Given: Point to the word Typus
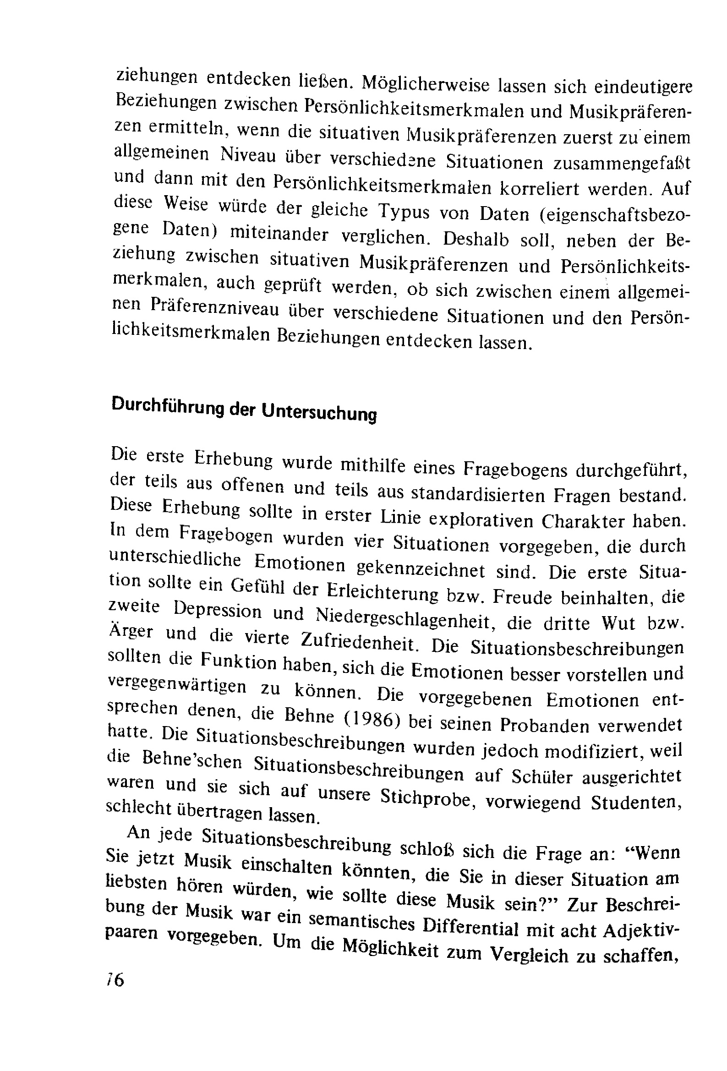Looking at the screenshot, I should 404,212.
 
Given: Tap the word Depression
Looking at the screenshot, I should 218,611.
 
